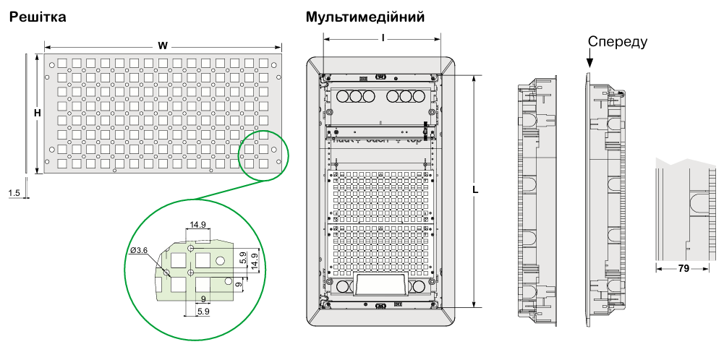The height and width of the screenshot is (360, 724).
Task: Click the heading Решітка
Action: tap(37, 16)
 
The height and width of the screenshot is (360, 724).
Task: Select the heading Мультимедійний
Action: tap(365, 17)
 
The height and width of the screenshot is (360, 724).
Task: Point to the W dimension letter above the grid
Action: tap(163, 46)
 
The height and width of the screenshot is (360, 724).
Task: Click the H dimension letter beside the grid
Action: tap(37, 113)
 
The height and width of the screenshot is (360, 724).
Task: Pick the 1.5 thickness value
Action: tap(14, 193)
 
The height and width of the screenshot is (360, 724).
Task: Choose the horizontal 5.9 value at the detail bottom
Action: tap(203, 312)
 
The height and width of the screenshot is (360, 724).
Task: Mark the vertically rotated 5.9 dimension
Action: tap(244, 257)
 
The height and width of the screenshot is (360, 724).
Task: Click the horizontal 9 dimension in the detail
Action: tap(203, 299)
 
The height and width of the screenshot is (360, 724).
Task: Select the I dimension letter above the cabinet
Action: tap(382, 35)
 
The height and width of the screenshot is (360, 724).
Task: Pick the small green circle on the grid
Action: tap(263, 154)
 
